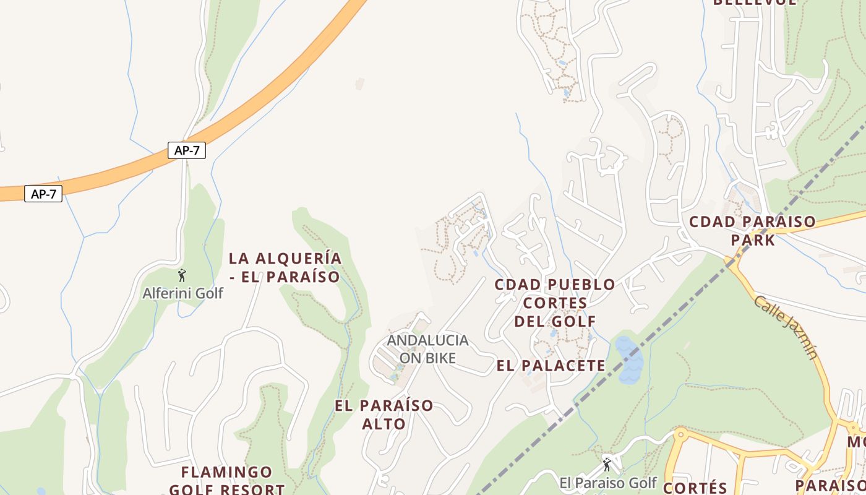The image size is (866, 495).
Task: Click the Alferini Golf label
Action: point(182,293)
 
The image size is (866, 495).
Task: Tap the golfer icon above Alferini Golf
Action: point(182,275)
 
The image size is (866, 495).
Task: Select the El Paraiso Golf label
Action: point(607,483)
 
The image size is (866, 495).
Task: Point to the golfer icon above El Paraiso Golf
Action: point(607,463)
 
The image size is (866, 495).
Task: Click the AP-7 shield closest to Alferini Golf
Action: point(186,150)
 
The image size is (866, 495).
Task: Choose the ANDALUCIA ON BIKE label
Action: point(427,349)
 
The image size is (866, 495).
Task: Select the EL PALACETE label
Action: point(551,366)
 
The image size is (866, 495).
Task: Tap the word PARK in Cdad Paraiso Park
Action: point(753,239)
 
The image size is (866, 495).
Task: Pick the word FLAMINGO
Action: point(226,473)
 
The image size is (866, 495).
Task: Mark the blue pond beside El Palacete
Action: point(628,360)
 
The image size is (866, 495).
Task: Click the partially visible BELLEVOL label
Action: point(755,2)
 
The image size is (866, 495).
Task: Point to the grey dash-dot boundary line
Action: point(680,309)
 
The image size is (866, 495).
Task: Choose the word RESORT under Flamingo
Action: point(253,489)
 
